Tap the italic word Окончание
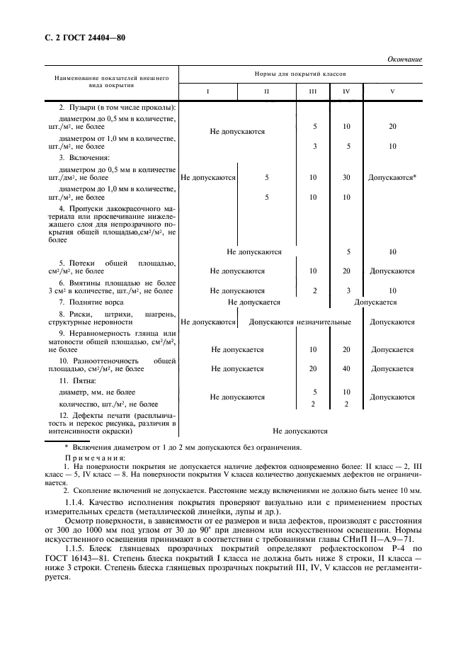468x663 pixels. [x=404, y=59]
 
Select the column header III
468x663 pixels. [x=314, y=92]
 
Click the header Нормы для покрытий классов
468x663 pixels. [x=300, y=74]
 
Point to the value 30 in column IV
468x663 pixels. [x=346, y=177]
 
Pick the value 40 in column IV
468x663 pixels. [x=346, y=368]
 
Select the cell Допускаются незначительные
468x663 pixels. [x=300, y=322]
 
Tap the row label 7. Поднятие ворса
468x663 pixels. [x=91, y=302]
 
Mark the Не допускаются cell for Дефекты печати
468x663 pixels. [x=300, y=430]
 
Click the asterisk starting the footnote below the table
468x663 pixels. [x=66, y=446]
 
